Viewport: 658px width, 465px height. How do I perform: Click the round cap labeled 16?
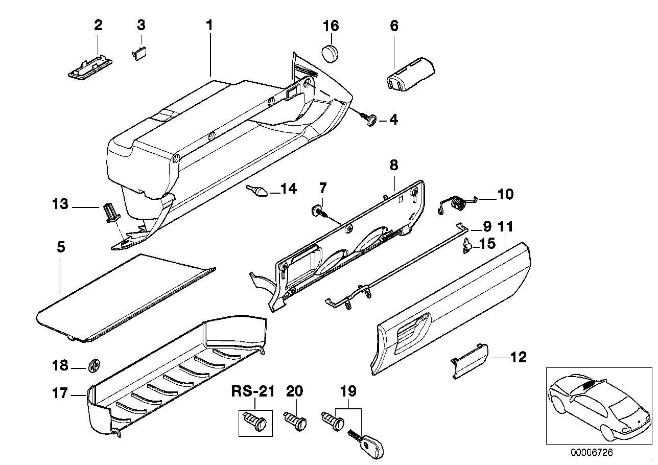[331, 53]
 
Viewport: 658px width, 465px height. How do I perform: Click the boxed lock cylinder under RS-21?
[255, 423]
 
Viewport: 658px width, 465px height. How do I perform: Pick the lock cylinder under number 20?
[296, 422]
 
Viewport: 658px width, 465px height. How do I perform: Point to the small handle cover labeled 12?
[469, 361]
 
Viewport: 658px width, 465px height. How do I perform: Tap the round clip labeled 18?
[95, 365]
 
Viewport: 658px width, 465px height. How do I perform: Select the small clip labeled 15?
[467, 247]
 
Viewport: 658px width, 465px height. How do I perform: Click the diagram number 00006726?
[591, 453]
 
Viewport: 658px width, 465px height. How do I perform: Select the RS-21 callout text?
[253, 392]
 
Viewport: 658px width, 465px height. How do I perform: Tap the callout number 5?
[60, 247]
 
